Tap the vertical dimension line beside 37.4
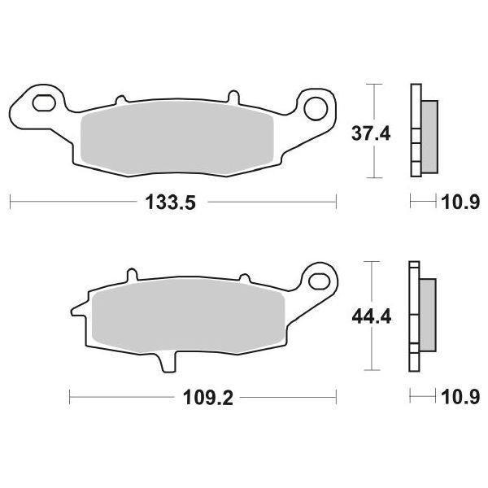coord(374,130)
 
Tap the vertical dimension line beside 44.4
coord(374,314)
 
